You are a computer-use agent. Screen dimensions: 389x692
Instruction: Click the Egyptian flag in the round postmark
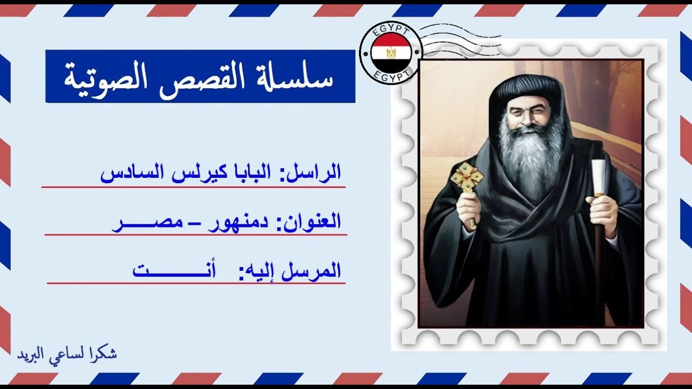(x=390, y=53)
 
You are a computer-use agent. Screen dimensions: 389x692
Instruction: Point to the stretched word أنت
(x=173, y=270)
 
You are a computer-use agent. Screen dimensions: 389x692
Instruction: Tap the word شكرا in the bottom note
(x=104, y=354)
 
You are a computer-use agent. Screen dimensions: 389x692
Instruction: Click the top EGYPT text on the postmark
(x=390, y=30)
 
